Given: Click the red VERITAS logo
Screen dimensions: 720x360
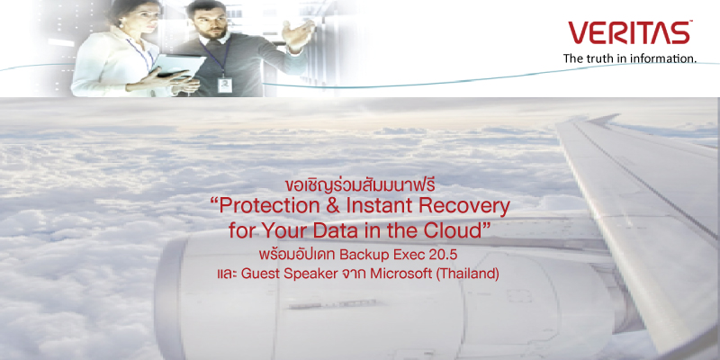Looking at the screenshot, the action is [630, 33].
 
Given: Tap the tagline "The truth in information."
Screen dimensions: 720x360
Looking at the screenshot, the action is [630, 58].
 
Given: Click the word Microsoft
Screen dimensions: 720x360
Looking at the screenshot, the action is [400, 274].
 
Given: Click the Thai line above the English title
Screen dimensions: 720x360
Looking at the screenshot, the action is [359, 187].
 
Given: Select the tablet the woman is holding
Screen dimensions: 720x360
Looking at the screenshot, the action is [180, 65].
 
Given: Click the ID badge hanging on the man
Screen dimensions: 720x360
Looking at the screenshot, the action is [225, 85].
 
